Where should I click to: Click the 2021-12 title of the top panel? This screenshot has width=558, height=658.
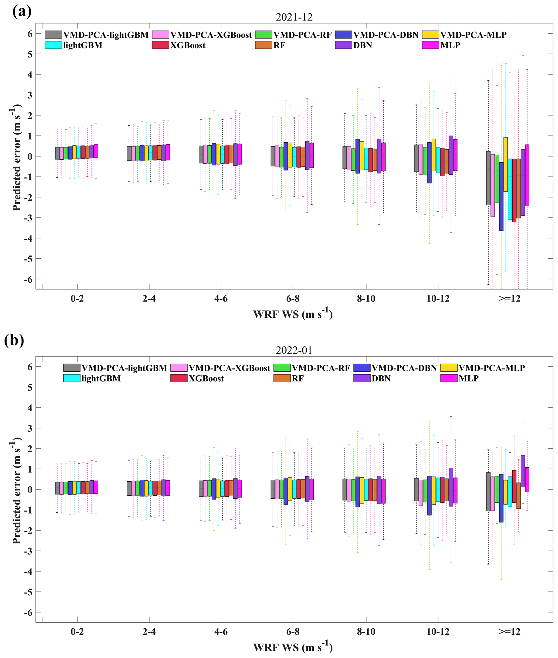[x=294, y=17]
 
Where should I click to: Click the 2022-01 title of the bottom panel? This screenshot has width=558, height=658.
[x=294, y=350]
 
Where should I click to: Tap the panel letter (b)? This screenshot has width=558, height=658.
[x=14, y=340]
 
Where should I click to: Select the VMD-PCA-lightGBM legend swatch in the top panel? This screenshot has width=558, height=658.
[x=53, y=35]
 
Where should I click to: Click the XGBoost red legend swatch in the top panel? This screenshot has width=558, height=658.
[x=160, y=45]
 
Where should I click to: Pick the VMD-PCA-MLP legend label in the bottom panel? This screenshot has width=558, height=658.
[x=492, y=368]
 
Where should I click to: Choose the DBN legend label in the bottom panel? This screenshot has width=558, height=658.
[x=381, y=378]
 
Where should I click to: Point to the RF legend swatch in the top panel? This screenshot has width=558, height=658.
[x=263, y=45]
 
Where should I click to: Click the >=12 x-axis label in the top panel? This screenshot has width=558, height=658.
[x=509, y=298]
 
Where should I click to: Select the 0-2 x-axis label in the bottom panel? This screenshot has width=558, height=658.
[x=77, y=632]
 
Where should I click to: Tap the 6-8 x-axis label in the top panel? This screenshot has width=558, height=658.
[x=293, y=298]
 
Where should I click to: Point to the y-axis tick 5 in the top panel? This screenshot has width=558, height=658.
[x=30, y=54]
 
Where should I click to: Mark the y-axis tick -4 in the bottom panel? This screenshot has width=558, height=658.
[x=28, y=571]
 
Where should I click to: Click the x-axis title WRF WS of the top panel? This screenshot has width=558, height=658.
[x=293, y=314]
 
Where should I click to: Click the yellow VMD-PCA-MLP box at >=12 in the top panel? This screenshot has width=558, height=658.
[x=505, y=164]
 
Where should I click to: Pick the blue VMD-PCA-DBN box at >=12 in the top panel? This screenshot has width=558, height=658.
[x=501, y=196]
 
